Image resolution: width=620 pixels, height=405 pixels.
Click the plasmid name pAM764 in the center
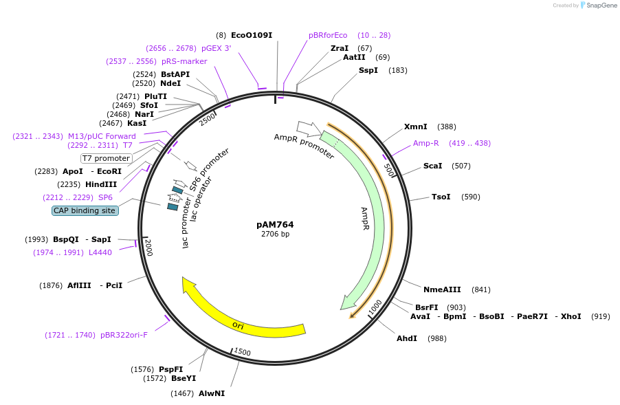(275, 224)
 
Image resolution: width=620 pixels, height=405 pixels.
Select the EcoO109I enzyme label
(252, 35)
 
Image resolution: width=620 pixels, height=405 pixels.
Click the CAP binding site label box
(85, 210)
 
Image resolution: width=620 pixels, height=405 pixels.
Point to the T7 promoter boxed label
(106, 158)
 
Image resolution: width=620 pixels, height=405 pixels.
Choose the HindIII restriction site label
(101, 184)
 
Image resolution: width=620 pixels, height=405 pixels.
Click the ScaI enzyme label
(433, 166)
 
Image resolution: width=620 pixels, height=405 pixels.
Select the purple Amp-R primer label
(425, 143)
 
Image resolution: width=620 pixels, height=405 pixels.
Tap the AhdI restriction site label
(407, 338)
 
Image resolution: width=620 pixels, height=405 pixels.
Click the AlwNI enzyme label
(212, 393)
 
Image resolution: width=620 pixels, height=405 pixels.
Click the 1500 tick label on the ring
(242, 352)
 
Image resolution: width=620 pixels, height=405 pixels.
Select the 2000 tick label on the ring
(148, 248)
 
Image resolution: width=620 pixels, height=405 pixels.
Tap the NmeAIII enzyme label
(442, 289)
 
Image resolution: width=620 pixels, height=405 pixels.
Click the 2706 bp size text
(275, 234)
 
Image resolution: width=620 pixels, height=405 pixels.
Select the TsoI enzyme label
(441, 197)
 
